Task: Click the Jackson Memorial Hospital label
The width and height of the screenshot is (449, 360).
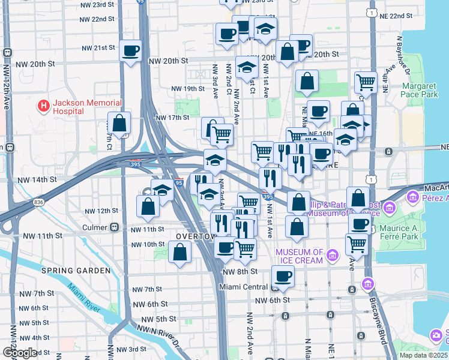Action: (x=87, y=107)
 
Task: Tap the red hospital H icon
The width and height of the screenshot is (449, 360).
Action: (x=43, y=107)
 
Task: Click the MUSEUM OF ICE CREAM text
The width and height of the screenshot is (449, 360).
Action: (x=300, y=256)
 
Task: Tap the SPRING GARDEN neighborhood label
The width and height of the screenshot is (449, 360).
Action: (x=76, y=271)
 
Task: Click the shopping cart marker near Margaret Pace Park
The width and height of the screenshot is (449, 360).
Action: (x=366, y=82)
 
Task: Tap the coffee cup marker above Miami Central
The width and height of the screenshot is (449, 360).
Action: (x=283, y=276)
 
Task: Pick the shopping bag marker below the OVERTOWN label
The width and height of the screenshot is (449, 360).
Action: (x=180, y=252)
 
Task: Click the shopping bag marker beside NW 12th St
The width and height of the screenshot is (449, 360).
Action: (x=148, y=206)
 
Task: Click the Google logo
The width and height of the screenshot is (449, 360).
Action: (x=20, y=353)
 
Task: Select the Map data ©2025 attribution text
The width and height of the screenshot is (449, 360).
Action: (x=423, y=355)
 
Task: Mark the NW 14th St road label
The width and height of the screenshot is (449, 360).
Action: (x=37, y=179)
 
